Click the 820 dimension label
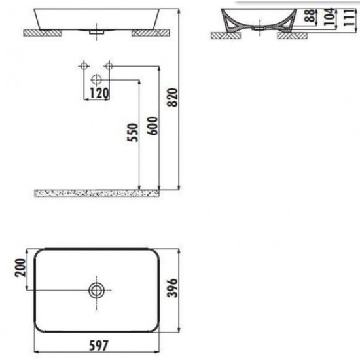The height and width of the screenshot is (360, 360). click(173, 98)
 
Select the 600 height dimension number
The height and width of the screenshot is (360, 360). click(153, 126)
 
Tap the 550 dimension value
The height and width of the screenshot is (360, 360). click(133, 133)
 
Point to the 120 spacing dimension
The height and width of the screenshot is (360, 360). click(99, 93)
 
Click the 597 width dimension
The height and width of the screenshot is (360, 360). click(98, 346)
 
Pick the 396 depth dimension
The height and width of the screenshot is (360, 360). click(172, 288)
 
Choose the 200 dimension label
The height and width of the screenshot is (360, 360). click(20, 268)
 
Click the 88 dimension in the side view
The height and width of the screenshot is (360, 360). click(310, 16)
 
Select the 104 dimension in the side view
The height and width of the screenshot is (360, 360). click(329, 16)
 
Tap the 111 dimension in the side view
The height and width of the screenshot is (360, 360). click(350, 18)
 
